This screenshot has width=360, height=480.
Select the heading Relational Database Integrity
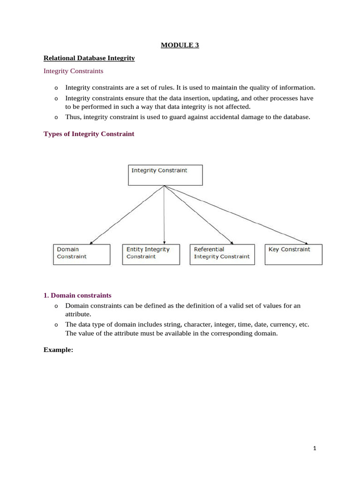click(89, 58)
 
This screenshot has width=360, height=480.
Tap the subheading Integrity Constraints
click(73, 71)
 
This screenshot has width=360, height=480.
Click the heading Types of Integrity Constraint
click(89, 134)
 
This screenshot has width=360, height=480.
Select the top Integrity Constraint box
click(165, 175)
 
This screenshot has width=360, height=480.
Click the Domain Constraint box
click(82, 254)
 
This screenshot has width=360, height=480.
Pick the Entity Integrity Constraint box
click(150, 254)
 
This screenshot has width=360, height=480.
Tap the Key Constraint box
click(293, 254)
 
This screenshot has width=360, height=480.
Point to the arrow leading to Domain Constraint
click(127, 215)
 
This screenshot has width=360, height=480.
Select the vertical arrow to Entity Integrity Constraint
click(164, 215)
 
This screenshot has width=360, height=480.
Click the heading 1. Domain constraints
click(77, 296)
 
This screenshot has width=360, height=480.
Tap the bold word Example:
click(59, 350)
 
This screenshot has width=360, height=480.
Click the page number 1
click(315, 449)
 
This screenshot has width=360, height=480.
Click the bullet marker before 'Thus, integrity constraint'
click(56, 118)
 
